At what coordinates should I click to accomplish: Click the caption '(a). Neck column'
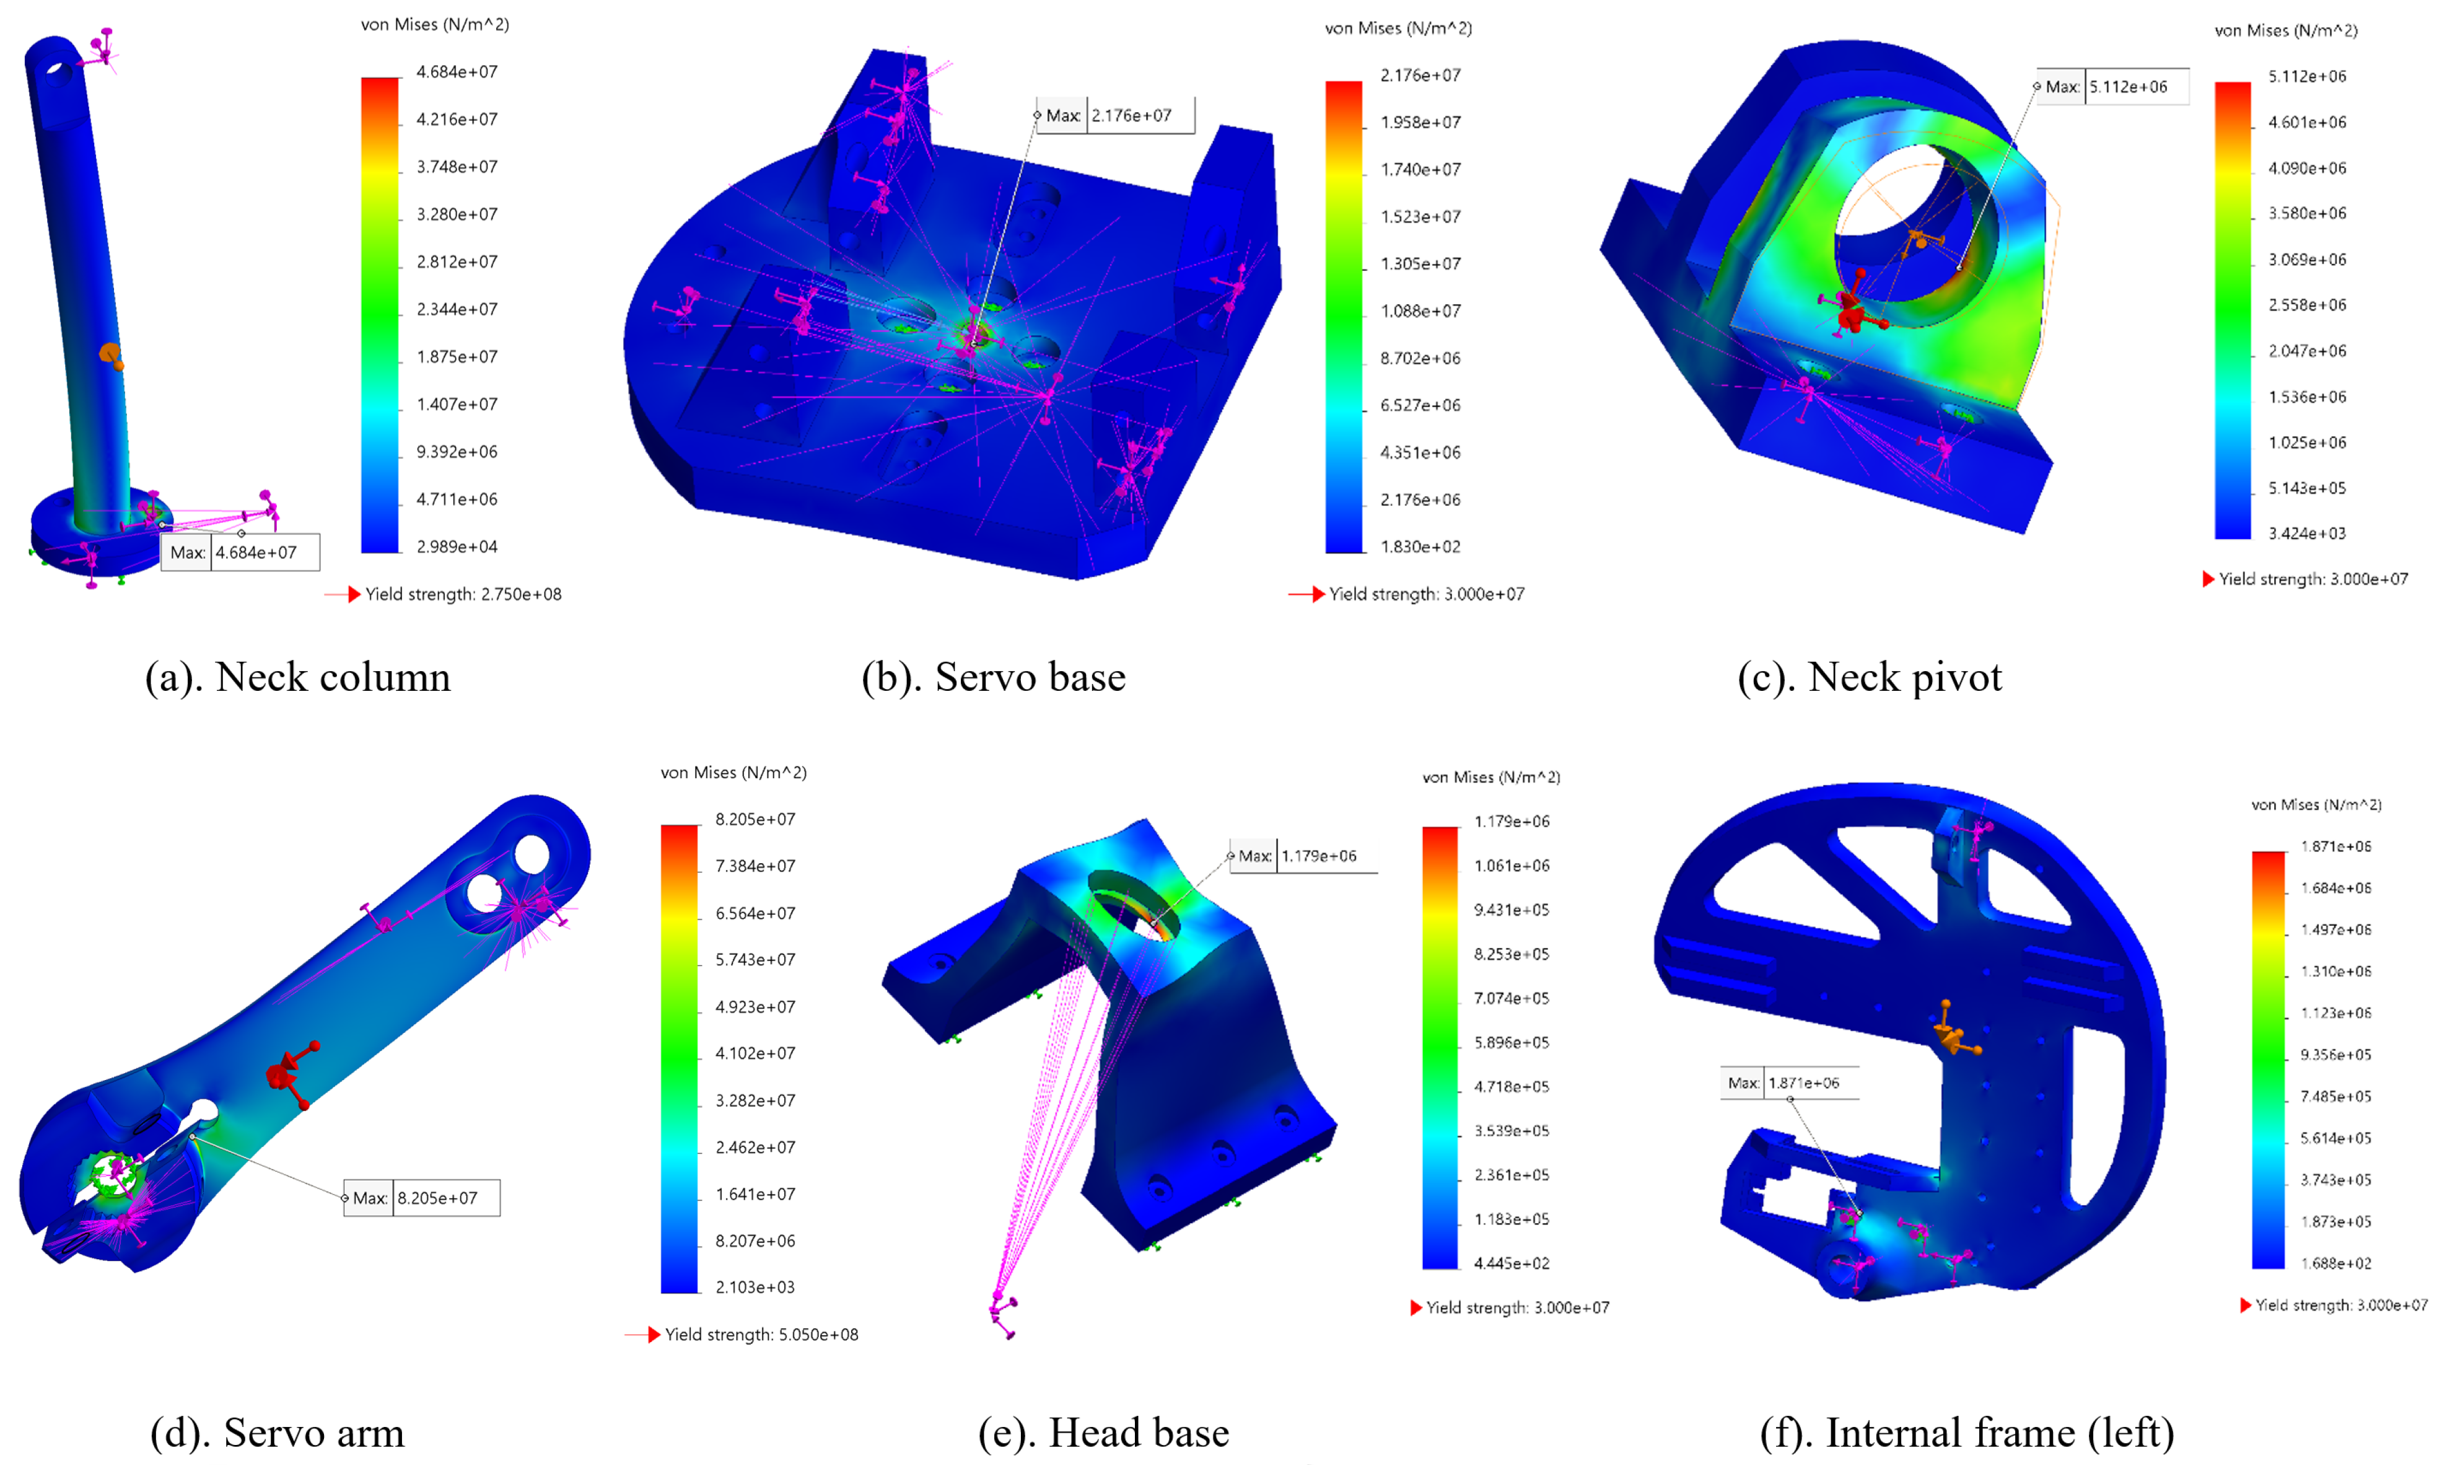(x=297, y=677)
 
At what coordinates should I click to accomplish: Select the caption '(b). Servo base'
(x=993, y=677)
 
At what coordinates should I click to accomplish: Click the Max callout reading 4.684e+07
(x=241, y=552)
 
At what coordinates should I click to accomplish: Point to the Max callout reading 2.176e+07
(x=1116, y=115)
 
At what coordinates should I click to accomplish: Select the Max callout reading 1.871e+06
(x=1789, y=1082)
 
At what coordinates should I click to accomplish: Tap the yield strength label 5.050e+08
(x=761, y=1334)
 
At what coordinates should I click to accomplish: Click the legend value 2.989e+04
(x=457, y=546)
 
